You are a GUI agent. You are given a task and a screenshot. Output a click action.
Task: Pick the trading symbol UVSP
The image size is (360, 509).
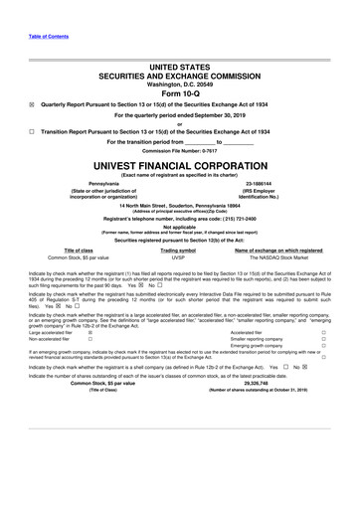179,285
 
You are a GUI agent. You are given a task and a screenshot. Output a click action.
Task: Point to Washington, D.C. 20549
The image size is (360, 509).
180,84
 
